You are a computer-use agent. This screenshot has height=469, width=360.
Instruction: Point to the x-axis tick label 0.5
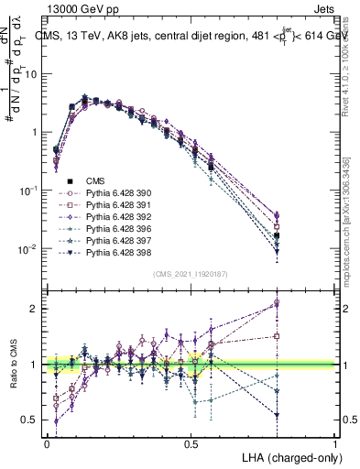[x=191, y=442]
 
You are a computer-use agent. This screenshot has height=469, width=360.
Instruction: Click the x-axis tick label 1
[x=335, y=442]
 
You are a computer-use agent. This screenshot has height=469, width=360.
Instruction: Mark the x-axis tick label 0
[x=47, y=442]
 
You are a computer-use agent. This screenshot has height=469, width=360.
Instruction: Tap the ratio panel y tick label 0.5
[x=30, y=420]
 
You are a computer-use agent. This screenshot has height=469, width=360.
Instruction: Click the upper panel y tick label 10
[x=32, y=74]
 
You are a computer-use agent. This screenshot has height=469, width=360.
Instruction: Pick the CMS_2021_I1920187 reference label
[x=191, y=274]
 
